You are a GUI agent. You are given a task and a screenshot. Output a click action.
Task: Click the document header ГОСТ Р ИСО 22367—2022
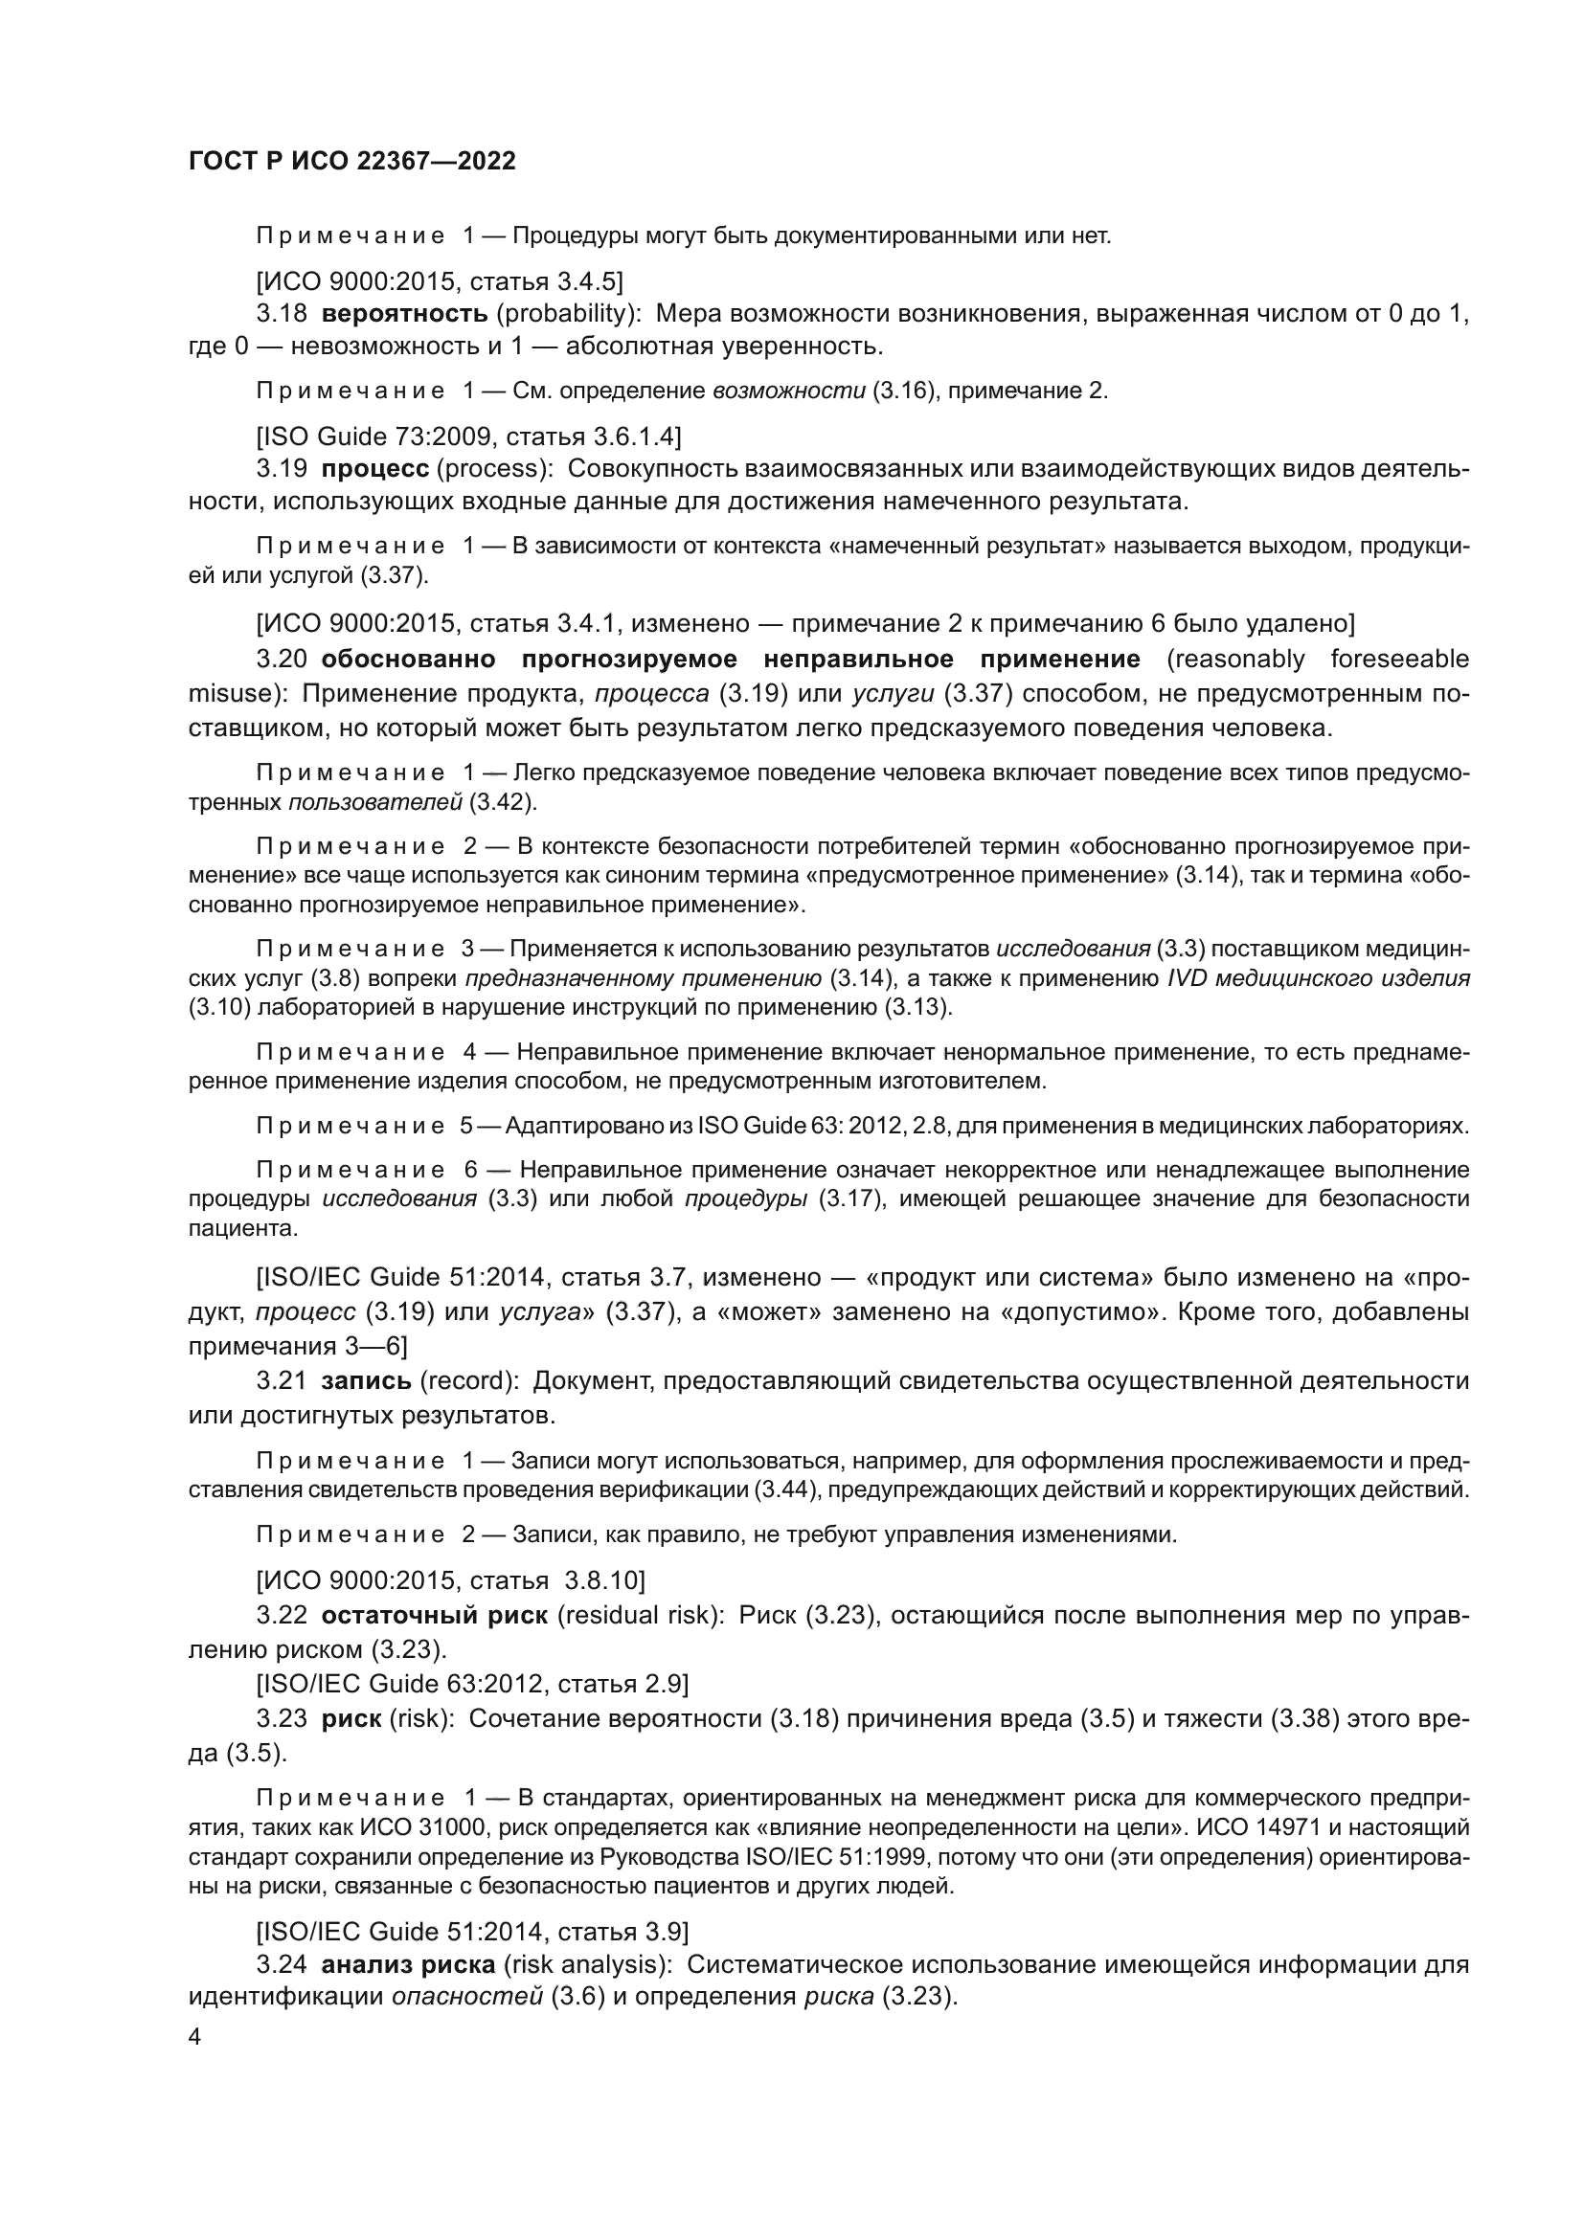pos(351,162)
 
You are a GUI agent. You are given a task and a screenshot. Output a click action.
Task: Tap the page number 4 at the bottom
pos(194,2037)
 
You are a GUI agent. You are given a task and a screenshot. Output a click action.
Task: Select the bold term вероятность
pos(404,313)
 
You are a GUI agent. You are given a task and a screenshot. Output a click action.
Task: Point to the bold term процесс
pos(374,468)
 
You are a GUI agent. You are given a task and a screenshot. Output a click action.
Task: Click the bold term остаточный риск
pos(434,1615)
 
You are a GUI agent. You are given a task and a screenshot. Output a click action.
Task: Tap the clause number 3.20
pos(282,660)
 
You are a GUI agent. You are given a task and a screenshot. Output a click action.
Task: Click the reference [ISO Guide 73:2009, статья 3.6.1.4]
pos(468,436)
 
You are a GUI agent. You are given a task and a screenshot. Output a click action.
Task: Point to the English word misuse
pos(231,693)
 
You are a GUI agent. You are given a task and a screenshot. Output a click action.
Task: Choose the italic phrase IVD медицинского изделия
pos(1318,978)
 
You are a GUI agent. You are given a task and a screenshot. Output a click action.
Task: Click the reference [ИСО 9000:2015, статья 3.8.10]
pos(450,1579)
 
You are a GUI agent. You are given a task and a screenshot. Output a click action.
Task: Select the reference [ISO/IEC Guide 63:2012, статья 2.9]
pos(472,1683)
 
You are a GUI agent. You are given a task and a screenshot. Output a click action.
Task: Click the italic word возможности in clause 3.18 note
pos(788,392)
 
